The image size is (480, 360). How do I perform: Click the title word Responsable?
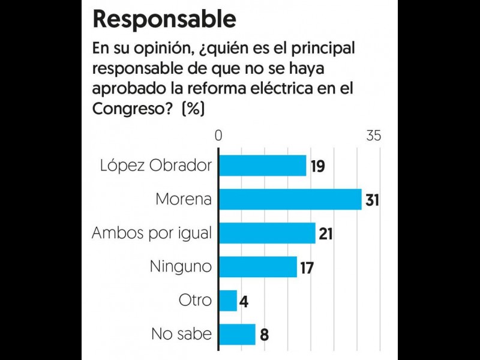point(164,19)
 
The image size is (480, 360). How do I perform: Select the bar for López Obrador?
point(263,166)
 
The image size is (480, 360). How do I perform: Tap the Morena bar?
point(290,199)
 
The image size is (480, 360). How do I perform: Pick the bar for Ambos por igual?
point(268,233)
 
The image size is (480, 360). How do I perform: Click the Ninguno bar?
point(258,266)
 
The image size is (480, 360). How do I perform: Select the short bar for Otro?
point(228,300)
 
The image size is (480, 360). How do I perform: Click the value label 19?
point(317,166)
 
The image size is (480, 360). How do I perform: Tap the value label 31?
point(372,200)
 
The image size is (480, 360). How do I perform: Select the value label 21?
point(326,233)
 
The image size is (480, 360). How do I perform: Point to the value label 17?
point(307,267)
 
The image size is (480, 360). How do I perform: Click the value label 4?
point(244,301)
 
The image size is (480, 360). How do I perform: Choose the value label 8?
point(264,334)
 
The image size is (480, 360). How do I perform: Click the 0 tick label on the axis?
point(218,136)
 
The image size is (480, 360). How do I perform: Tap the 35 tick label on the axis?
point(374,136)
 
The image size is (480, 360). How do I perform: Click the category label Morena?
point(184,199)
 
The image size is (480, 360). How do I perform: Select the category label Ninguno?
point(181,266)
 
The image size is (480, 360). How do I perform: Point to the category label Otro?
point(195,300)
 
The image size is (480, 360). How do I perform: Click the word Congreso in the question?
point(125,109)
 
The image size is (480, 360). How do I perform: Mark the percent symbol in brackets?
point(193,109)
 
